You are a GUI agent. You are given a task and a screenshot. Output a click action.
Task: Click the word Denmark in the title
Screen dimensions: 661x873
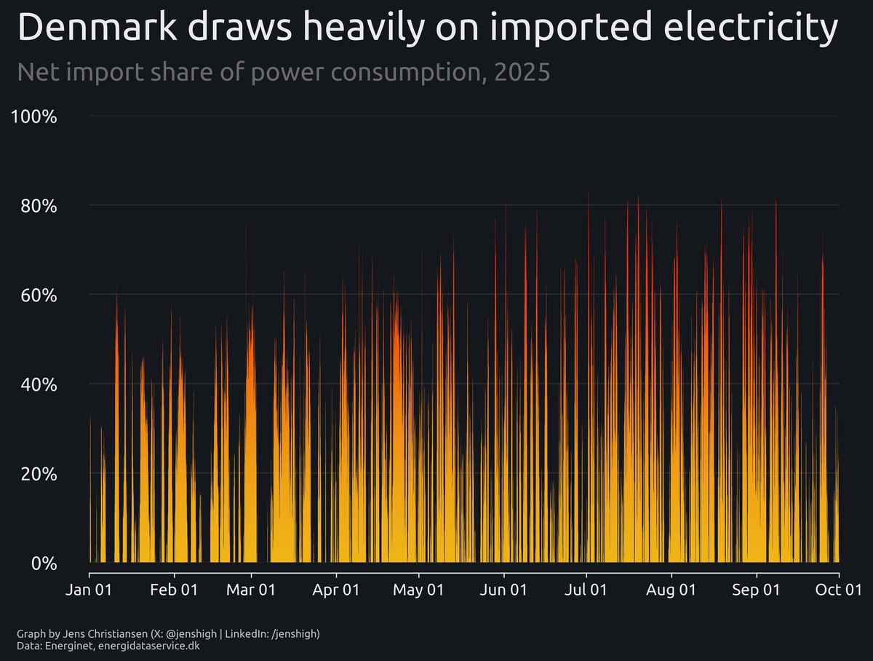tap(98, 29)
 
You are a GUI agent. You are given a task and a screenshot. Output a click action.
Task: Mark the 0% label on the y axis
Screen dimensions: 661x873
tap(44, 563)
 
